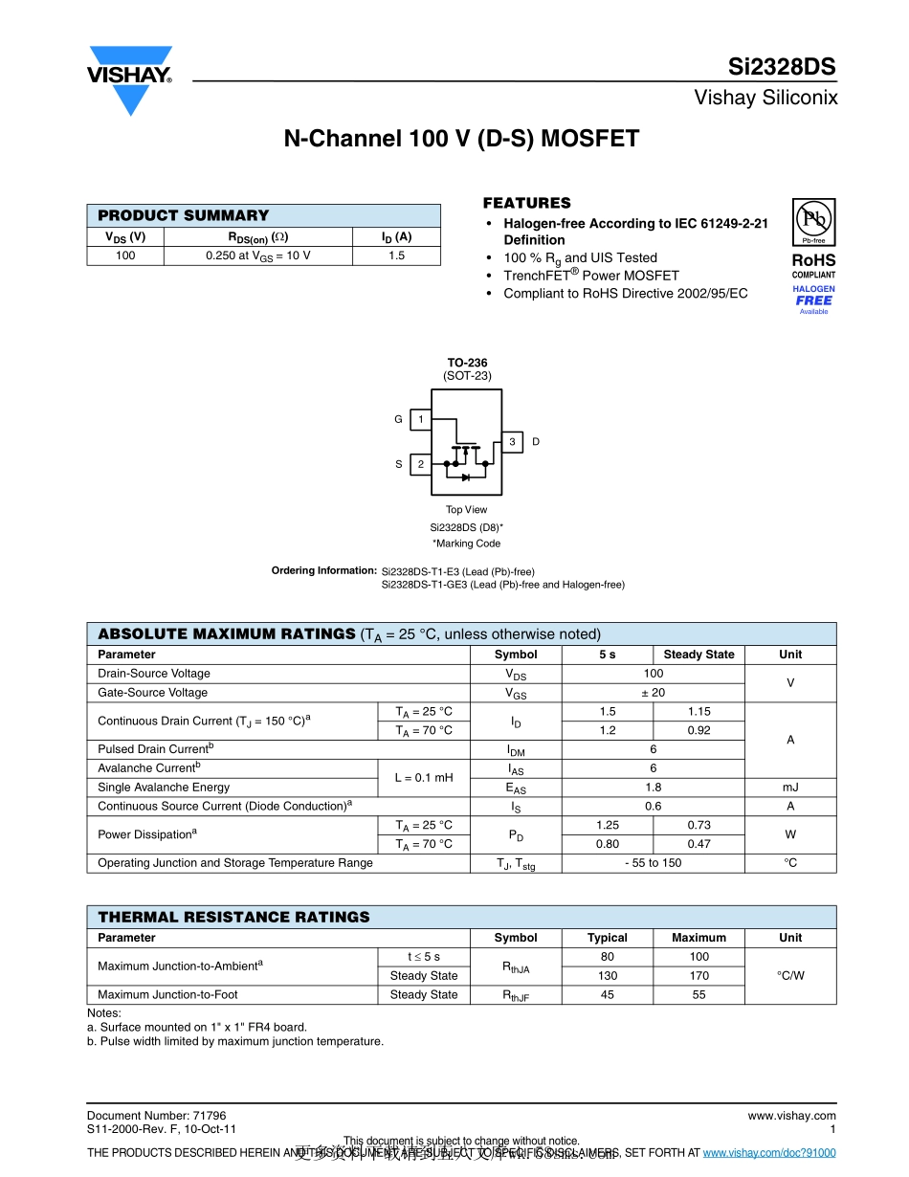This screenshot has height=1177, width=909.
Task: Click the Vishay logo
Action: pos(130,79)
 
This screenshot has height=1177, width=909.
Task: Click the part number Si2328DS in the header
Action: pos(782,67)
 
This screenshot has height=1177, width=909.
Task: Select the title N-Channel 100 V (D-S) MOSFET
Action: pos(461,139)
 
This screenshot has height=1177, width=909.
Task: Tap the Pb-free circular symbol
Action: pos(813,220)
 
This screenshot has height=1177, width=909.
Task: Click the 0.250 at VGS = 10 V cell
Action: pos(257,255)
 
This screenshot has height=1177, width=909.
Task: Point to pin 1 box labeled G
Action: pos(420,419)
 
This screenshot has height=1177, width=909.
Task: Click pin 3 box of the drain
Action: pos(512,441)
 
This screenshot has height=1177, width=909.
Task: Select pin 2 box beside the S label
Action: pos(420,464)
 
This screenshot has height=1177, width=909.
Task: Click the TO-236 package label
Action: pos(467,363)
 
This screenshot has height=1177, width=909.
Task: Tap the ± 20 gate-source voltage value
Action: pos(653,693)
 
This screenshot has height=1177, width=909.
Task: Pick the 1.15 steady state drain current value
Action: pos(698,712)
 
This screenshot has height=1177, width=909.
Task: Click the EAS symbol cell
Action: pos(516,788)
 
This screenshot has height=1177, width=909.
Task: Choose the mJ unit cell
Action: pos(790,788)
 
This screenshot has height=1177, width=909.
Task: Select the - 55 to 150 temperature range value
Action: pos(653,863)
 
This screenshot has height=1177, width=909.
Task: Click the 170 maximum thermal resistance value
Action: pos(698,976)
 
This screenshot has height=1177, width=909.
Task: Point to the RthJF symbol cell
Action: pos(516,995)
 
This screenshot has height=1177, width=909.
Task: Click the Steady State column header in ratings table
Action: pos(698,655)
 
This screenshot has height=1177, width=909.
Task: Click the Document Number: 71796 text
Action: pos(156,1116)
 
